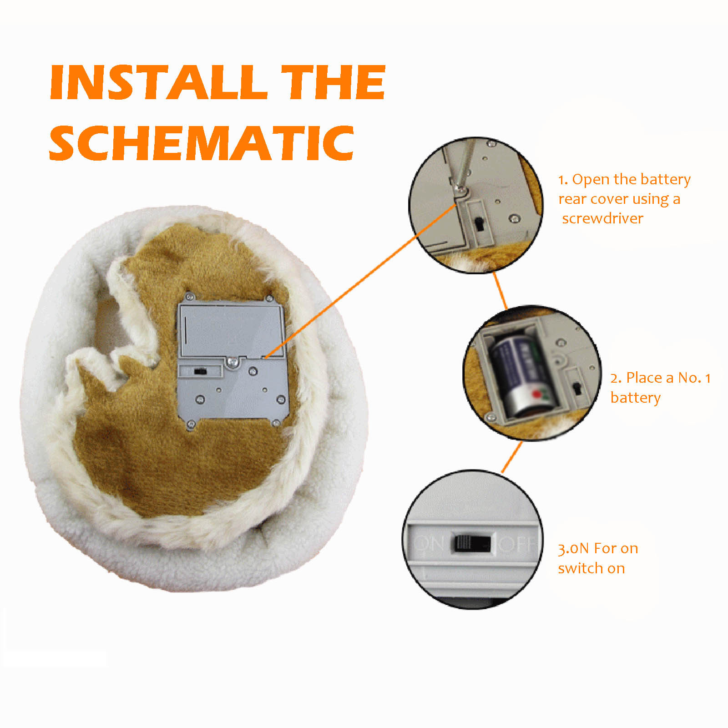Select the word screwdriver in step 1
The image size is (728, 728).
602,218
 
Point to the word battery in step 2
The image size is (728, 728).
635,398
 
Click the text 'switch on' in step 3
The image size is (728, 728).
591,568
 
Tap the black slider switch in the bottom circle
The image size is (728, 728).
470,543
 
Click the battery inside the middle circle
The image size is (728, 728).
523,375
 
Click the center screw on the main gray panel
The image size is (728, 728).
233,362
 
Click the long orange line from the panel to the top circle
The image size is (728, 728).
360,281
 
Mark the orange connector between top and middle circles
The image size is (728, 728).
500,291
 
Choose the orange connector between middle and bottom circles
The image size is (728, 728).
512,457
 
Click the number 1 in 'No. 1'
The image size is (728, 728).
708,378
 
